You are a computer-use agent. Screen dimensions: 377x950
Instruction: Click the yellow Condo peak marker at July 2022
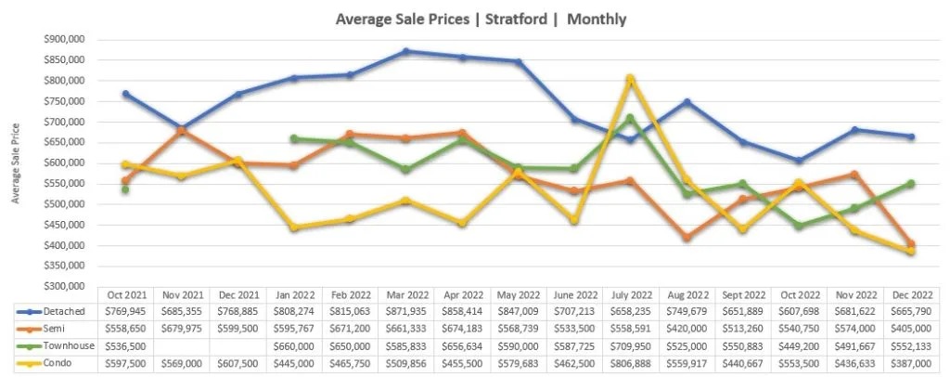[x=629, y=79]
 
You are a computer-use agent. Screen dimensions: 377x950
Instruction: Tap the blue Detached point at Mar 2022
[x=406, y=51]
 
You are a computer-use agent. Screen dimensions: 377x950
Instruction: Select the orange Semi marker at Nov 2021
[x=181, y=130]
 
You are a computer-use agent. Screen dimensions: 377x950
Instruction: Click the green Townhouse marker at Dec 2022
[x=910, y=183]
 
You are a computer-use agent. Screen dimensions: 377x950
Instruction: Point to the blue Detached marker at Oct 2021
[x=125, y=94]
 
